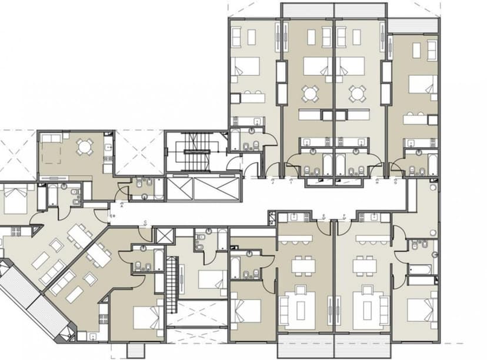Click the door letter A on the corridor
point(121,206)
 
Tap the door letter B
point(114,216)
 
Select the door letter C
point(145,222)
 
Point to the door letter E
point(324,215)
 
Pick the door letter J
point(273,182)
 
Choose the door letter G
point(395,182)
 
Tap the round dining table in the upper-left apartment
point(85,147)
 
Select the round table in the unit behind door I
point(310,93)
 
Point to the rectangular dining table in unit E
point(303,266)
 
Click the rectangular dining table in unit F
point(365,266)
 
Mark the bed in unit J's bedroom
point(244,66)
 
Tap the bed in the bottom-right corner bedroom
point(422,311)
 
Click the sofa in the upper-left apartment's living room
point(52,138)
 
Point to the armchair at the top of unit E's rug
point(301,290)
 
